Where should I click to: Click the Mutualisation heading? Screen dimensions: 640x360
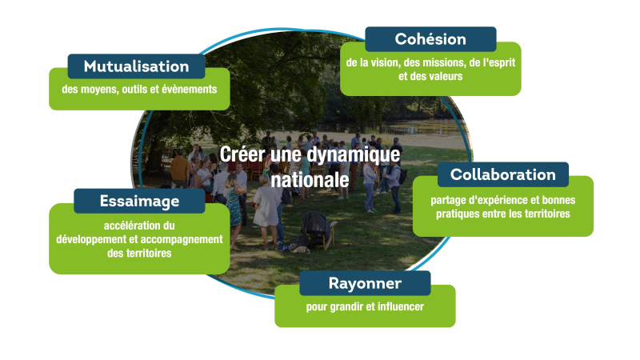(x=136, y=66)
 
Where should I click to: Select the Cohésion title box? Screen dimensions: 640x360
(x=430, y=39)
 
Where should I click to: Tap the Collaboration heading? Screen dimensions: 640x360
(x=503, y=174)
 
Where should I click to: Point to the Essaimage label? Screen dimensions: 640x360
(x=139, y=202)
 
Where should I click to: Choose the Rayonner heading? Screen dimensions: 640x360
(x=365, y=283)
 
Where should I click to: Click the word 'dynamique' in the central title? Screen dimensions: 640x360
(x=353, y=154)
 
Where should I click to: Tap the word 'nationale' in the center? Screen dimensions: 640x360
(x=310, y=180)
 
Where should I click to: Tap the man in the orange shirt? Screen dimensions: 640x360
(x=180, y=168)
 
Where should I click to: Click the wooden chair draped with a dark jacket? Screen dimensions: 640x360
(x=319, y=230)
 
